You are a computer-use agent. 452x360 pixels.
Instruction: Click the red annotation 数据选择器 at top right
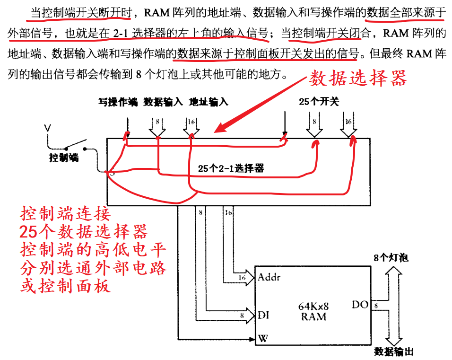coord(357,79)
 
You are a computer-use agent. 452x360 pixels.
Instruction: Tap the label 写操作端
coord(118,102)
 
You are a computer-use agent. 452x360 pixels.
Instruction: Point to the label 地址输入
coord(209,102)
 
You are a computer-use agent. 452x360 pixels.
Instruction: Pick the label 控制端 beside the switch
coord(64,158)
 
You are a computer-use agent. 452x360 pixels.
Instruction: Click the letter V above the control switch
coord(47,127)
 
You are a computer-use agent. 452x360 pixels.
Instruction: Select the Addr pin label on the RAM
coord(269,277)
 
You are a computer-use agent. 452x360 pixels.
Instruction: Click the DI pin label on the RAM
coord(264,315)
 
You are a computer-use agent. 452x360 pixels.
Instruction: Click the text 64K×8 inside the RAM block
coord(313,306)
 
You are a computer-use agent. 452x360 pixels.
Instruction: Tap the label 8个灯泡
coord(391,258)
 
